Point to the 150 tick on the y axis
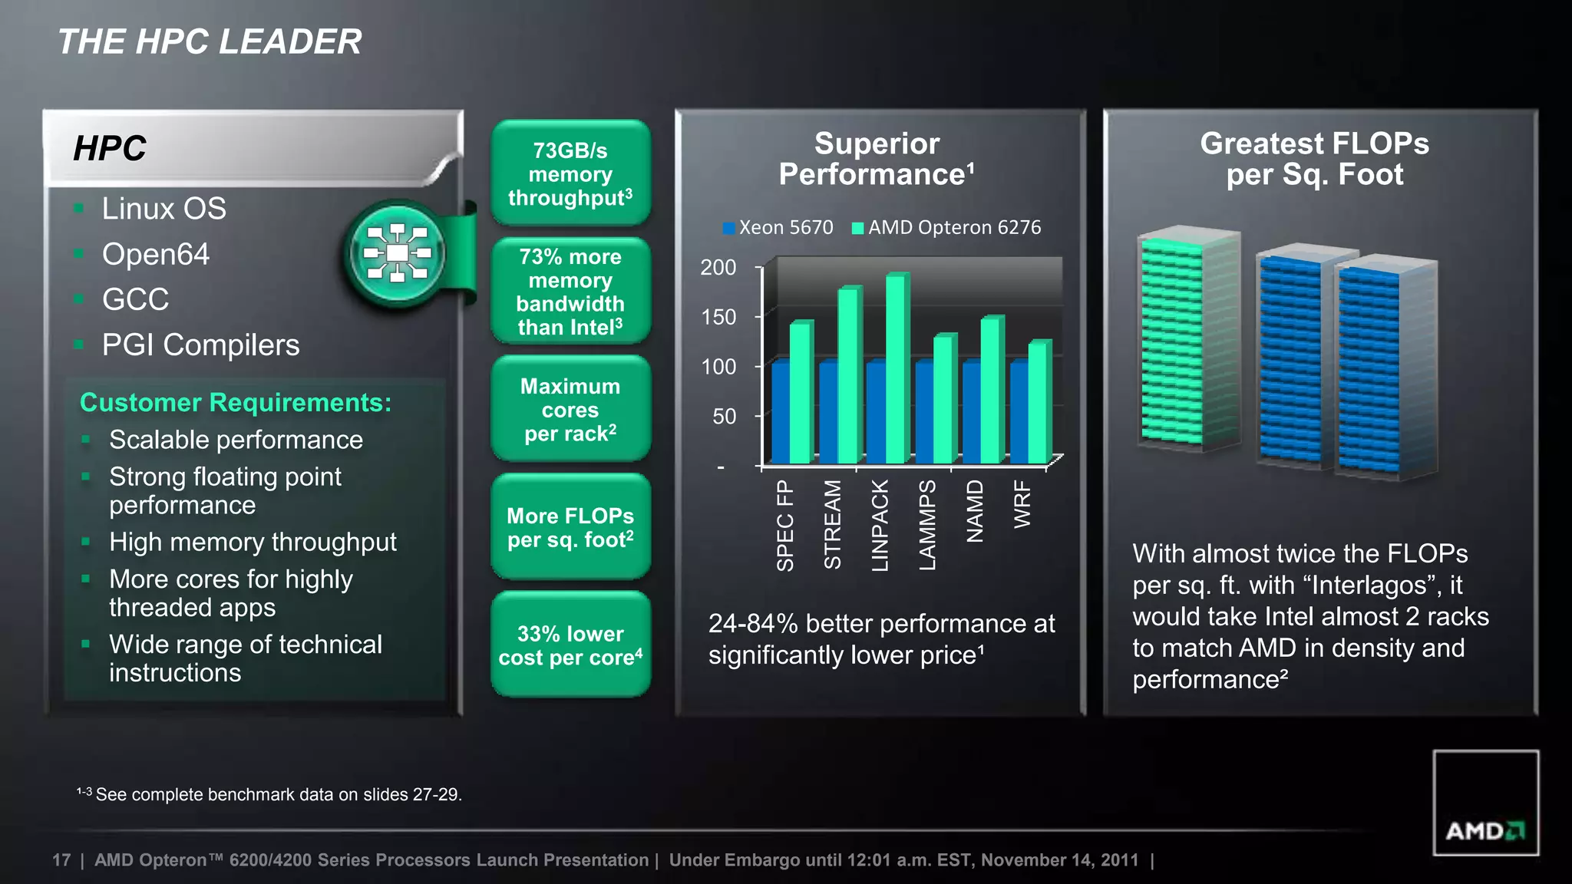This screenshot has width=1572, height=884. (718, 317)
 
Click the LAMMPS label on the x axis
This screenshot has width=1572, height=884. (927, 525)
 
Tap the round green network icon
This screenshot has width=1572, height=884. (397, 254)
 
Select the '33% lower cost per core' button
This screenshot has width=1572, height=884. (570, 645)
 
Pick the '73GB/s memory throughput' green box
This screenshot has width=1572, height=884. (570, 173)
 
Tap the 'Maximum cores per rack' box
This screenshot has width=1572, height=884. (570, 409)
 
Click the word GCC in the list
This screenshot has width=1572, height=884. (135, 299)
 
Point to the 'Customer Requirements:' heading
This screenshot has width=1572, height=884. (236, 402)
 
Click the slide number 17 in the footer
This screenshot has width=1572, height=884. (61, 860)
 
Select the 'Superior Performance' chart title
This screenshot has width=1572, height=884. (877, 159)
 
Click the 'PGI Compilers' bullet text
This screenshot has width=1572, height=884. (200, 345)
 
